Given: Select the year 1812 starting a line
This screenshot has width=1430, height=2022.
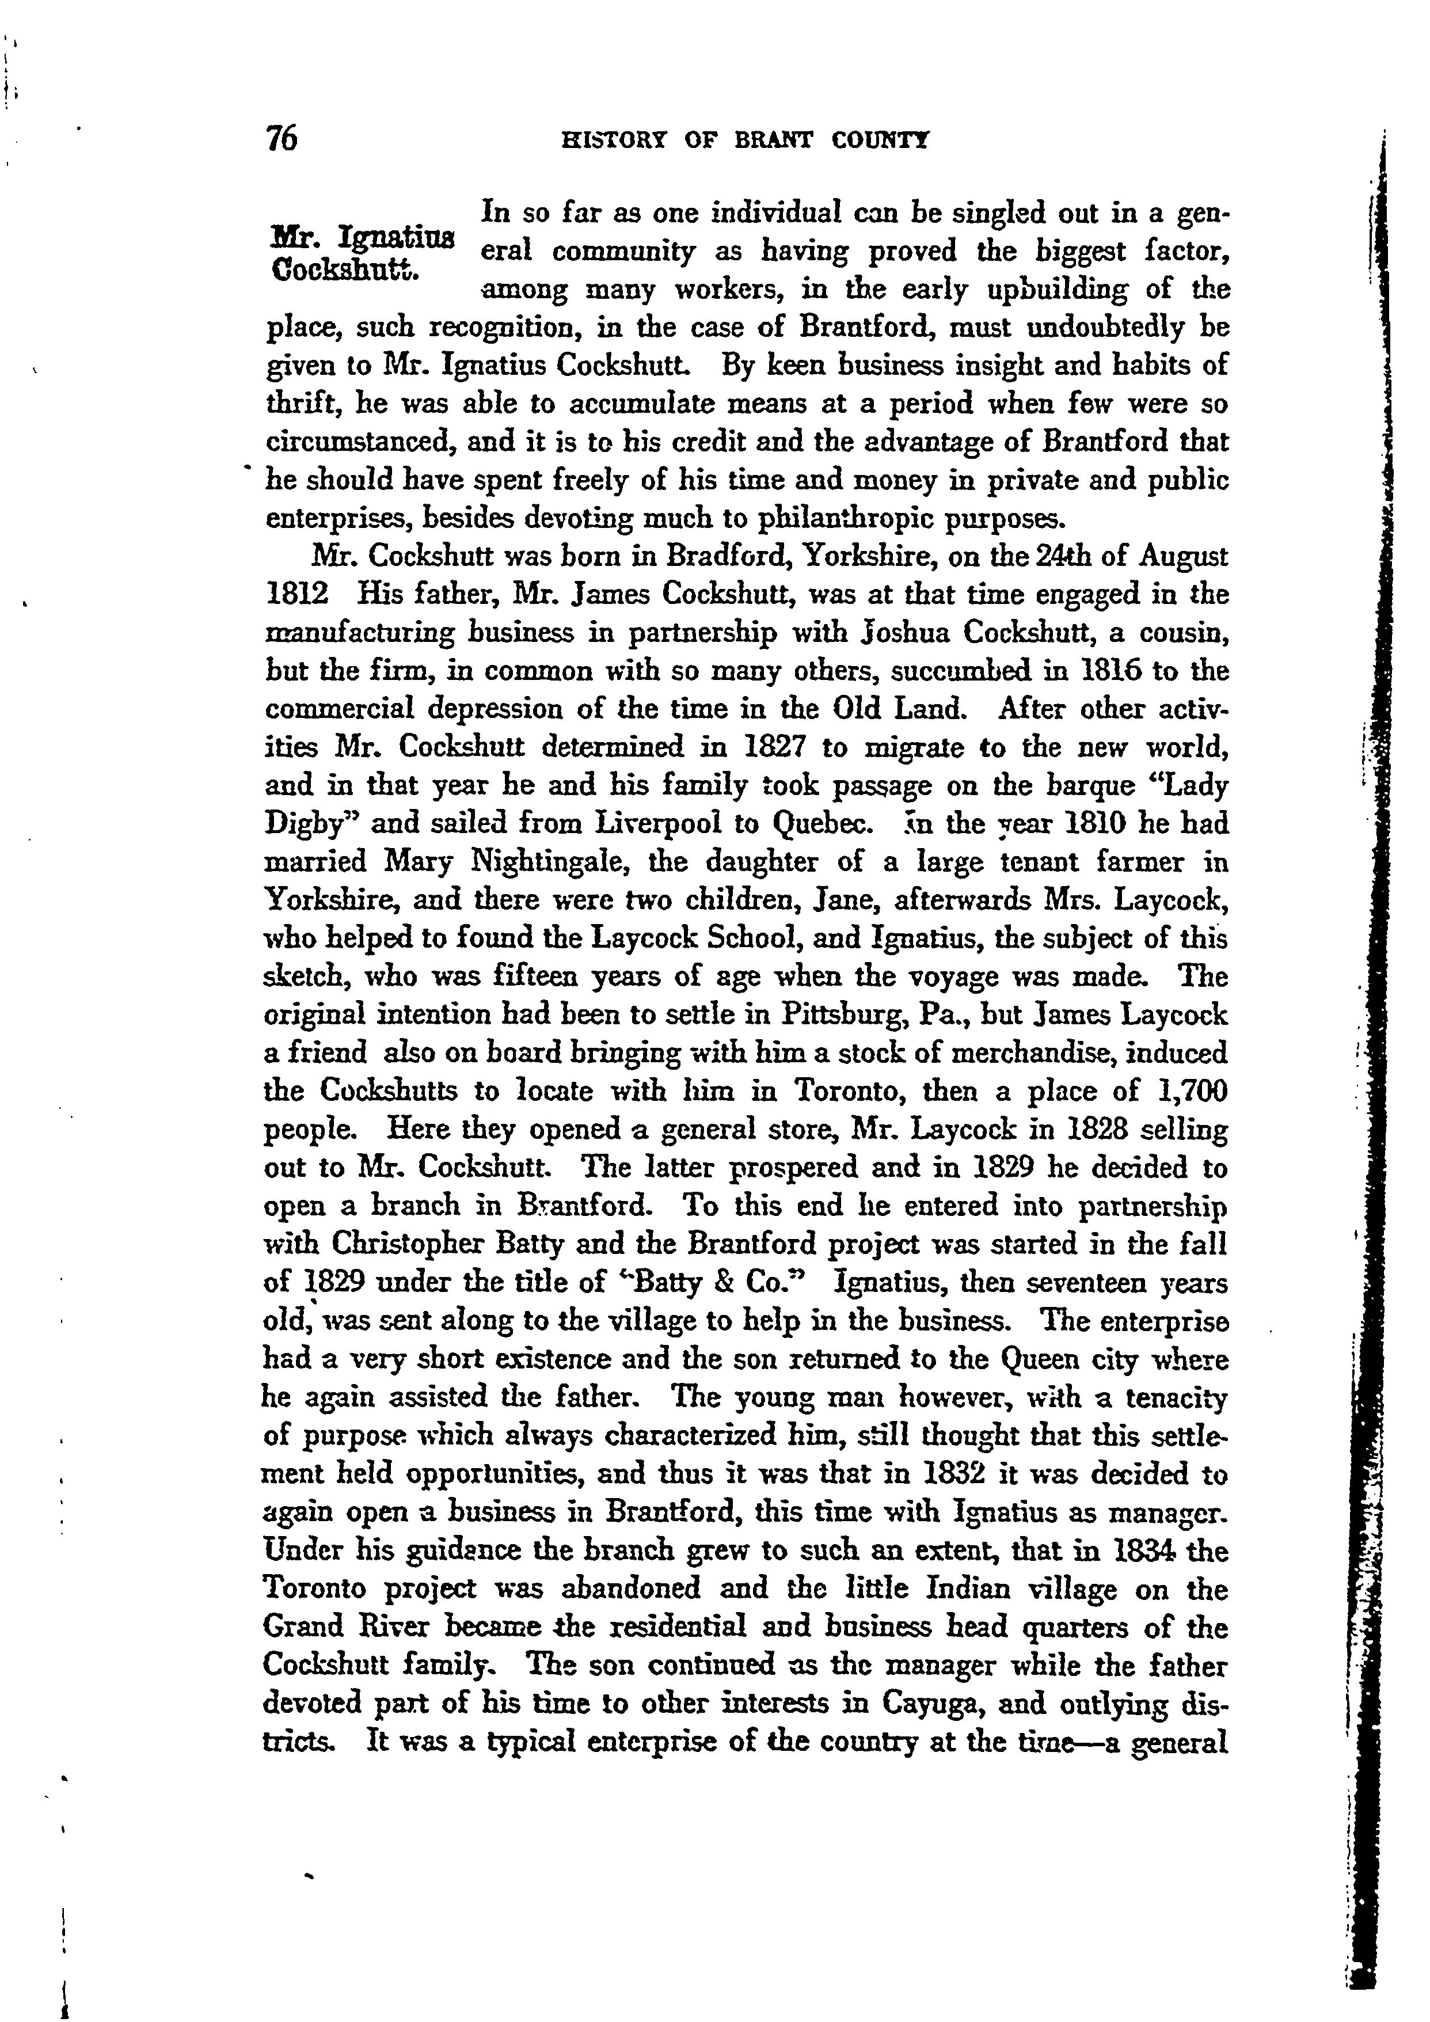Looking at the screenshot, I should [x=296, y=594].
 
